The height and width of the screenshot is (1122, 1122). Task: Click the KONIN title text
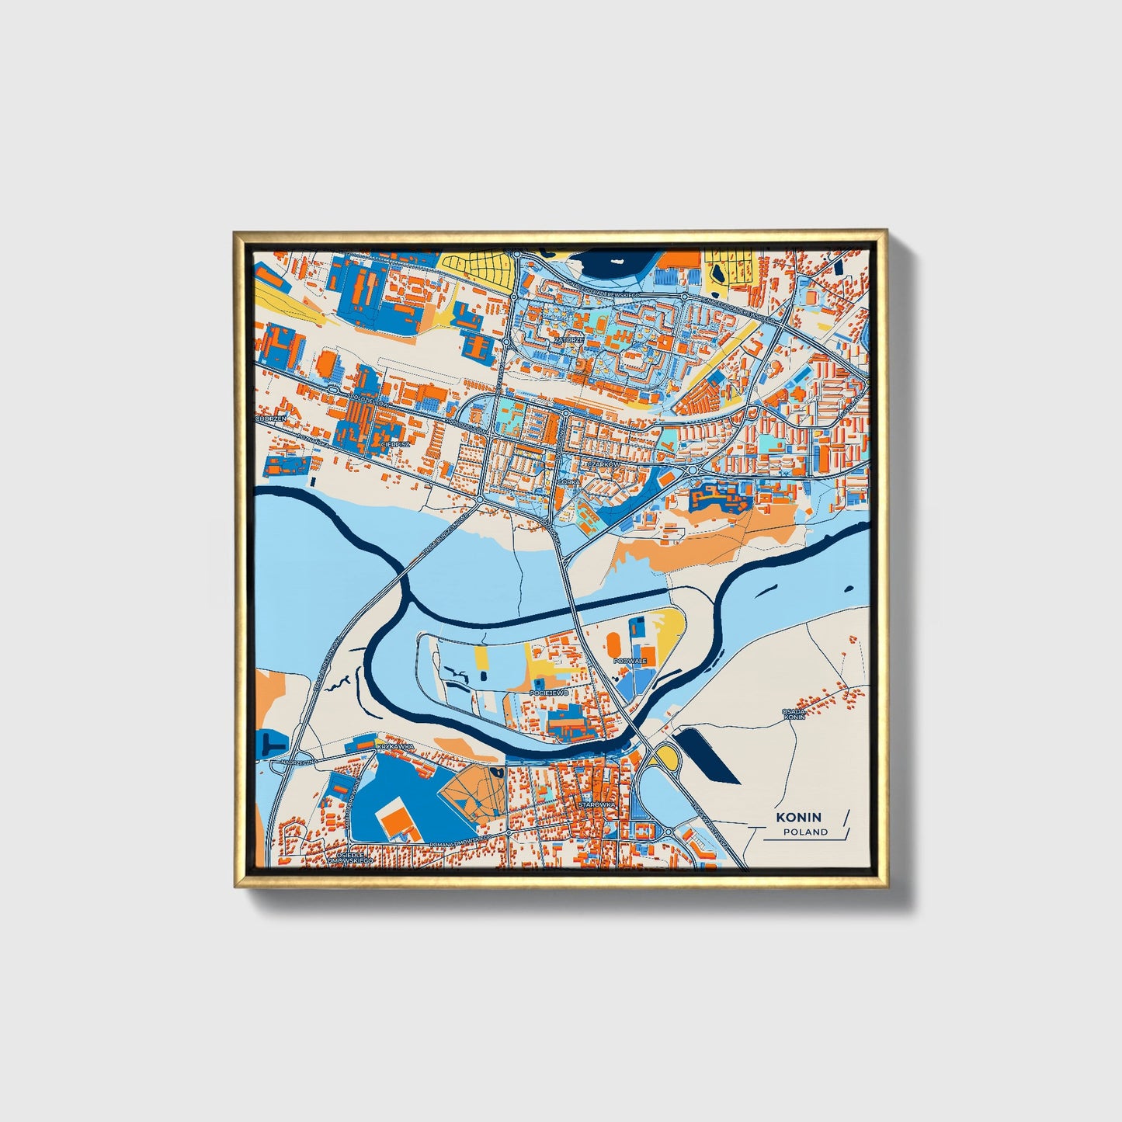pos(797,817)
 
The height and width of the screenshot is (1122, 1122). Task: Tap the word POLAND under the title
pos(805,832)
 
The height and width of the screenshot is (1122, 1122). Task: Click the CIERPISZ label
pos(395,444)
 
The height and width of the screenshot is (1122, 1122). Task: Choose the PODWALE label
pos(629,661)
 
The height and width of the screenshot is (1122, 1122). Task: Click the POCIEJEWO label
pos(549,691)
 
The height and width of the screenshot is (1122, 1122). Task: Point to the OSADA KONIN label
pos(794,714)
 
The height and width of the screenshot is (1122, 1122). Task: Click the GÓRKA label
pos(568,482)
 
